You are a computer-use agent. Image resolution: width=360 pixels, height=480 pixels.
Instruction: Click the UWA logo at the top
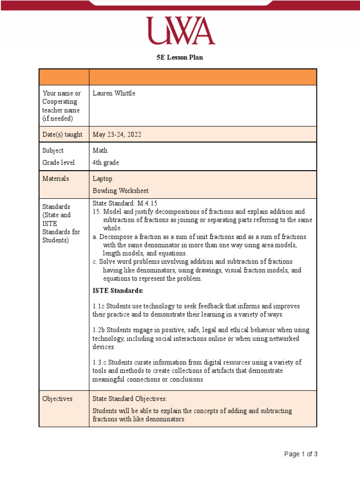[x=180, y=30]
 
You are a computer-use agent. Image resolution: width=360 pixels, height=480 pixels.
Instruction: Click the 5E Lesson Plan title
[x=180, y=58]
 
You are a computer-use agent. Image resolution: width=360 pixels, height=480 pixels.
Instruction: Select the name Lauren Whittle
[x=114, y=93]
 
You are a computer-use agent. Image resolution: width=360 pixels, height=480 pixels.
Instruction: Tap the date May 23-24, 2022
[x=117, y=135]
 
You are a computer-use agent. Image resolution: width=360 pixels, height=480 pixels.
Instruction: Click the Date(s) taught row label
[x=62, y=135]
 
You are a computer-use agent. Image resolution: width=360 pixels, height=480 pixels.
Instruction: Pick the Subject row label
[x=53, y=150]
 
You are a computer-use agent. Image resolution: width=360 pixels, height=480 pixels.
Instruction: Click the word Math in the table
[x=100, y=150]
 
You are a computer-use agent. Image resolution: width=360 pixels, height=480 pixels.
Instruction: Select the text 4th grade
[x=105, y=163]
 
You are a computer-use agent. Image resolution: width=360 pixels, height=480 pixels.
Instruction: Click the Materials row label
[x=56, y=179]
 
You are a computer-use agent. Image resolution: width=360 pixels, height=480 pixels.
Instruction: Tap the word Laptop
[x=102, y=179]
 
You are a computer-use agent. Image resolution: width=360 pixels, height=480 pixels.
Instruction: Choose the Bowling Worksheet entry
[x=120, y=191]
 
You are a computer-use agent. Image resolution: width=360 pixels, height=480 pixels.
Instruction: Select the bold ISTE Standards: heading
[x=118, y=291]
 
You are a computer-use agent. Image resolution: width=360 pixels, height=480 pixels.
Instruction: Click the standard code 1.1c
[x=98, y=306]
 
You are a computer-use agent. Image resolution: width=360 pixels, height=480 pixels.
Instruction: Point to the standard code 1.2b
[x=98, y=330]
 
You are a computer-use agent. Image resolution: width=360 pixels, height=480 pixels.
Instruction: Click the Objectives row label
[x=57, y=398]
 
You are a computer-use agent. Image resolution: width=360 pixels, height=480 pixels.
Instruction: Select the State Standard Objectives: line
[x=129, y=398]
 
